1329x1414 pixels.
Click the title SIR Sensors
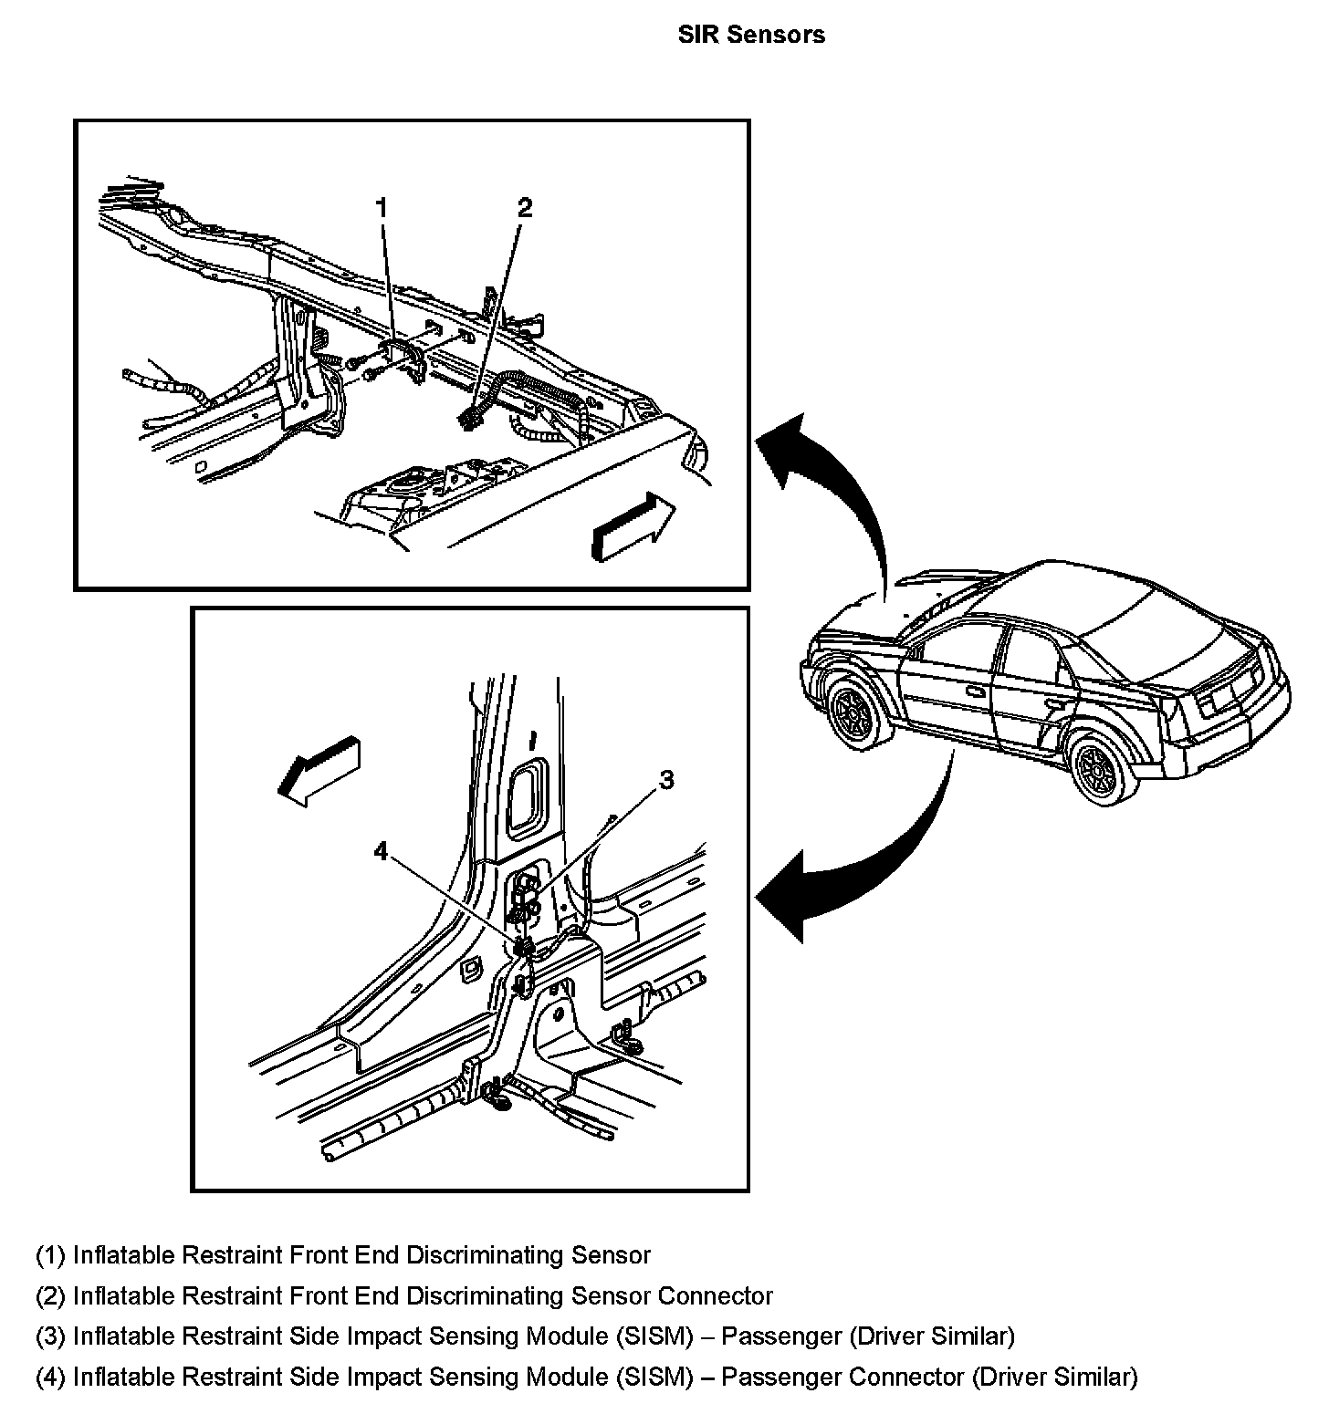(x=751, y=35)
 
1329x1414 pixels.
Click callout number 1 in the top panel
(x=382, y=209)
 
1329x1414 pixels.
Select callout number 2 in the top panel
(x=524, y=208)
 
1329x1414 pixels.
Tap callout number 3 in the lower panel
(x=667, y=780)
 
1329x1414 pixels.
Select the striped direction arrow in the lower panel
(x=320, y=768)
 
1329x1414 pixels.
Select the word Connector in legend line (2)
(x=716, y=1295)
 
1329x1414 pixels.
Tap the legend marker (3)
(x=50, y=1336)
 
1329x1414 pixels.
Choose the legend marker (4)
(x=50, y=1377)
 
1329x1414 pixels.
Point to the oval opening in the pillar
(x=525, y=798)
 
